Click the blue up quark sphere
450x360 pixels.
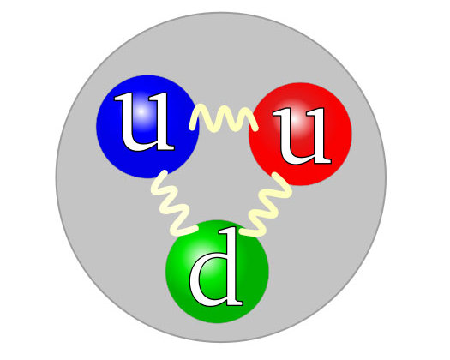pos(147,127)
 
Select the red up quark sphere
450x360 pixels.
pos(300,134)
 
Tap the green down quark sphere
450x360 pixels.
pos(217,272)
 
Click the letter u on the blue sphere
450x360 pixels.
pos(144,122)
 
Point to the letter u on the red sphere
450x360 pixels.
pos(302,135)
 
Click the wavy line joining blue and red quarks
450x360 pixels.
pos(224,118)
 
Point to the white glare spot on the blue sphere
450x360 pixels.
pos(141,112)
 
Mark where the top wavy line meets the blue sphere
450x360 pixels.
pos(192,126)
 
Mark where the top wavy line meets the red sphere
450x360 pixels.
pos(255,129)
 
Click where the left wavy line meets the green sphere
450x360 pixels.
pos(195,229)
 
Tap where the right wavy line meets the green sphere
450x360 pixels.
pos(243,231)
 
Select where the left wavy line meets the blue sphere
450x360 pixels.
pos(165,173)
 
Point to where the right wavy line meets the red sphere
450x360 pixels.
pos(274,175)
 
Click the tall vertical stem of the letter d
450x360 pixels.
pos(231,266)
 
